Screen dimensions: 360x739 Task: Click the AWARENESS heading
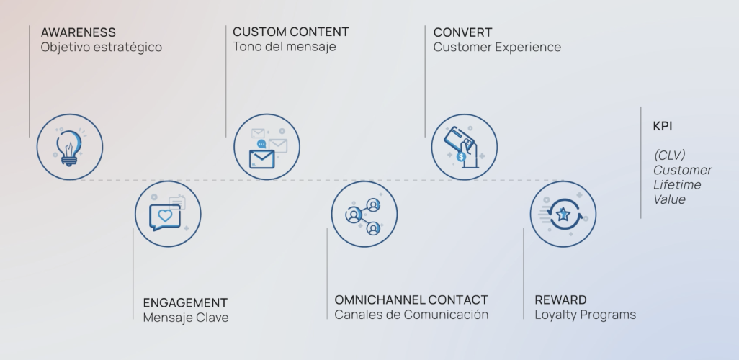[x=78, y=32]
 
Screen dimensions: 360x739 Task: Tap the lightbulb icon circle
[x=69, y=146]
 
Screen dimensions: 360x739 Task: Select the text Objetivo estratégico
[x=101, y=48]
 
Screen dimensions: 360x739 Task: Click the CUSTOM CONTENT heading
[x=290, y=32]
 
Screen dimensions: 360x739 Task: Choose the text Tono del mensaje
[x=284, y=47]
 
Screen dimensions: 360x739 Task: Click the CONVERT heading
[x=462, y=32]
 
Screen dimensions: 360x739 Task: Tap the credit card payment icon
[x=464, y=146]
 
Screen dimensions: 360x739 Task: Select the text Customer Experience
[x=497, y=48]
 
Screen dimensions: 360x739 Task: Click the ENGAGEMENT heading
[x=185, y=302]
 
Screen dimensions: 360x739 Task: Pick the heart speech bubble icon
[x=167, y=213]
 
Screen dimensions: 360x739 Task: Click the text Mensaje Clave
[x=185, y=318]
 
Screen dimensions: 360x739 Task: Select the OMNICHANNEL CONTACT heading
[x=411, y=300]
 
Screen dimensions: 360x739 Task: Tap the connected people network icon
[x=364, y=213]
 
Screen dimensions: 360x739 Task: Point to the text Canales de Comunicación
[x=411, y=315]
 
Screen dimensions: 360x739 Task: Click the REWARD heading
[x=560, y=300]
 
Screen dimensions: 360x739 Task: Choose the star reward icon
[x=563, y=213]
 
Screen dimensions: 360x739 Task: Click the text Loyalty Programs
[x=585, y=315]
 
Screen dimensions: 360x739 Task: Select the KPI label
[x=663, y=126]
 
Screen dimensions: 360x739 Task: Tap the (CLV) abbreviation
[x=669, y=156]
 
